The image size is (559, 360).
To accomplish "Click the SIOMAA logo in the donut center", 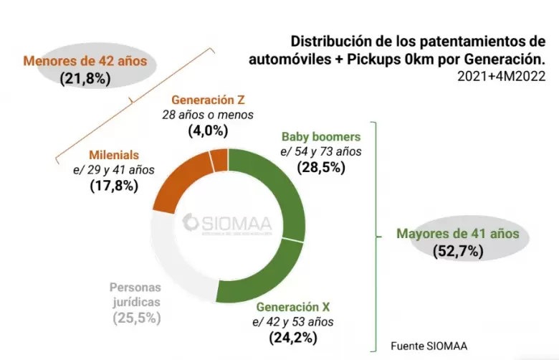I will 227,223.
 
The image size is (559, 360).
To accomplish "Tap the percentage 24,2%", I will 293,336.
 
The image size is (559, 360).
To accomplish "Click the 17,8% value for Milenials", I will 114,186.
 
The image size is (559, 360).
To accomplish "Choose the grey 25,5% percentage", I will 136,317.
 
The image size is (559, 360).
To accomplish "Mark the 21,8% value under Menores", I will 85,78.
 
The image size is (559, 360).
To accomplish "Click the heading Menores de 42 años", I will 85,61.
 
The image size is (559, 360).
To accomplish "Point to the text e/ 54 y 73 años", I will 321,151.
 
